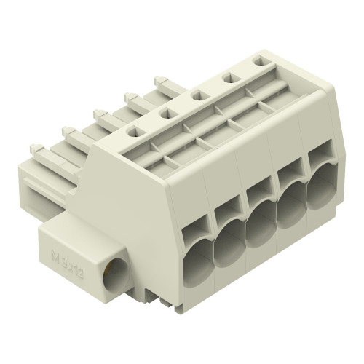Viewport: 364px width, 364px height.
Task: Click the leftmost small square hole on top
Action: coord(134,132)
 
